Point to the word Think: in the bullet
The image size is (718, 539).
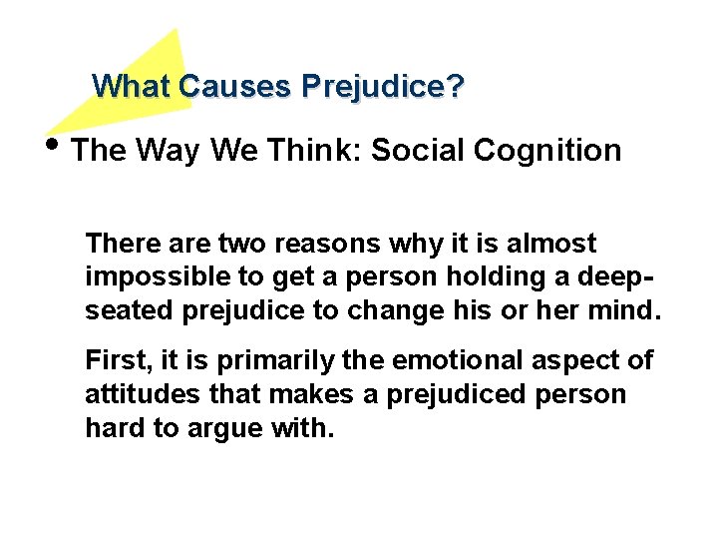pyautogui.click(x=318, y=151)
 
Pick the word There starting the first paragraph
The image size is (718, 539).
pyautogui.click(x=118, y=243)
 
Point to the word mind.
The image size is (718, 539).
pyautogui.click(x=628, y=310)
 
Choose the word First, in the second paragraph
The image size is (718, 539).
pyautogui.click(x=117, y=360)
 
